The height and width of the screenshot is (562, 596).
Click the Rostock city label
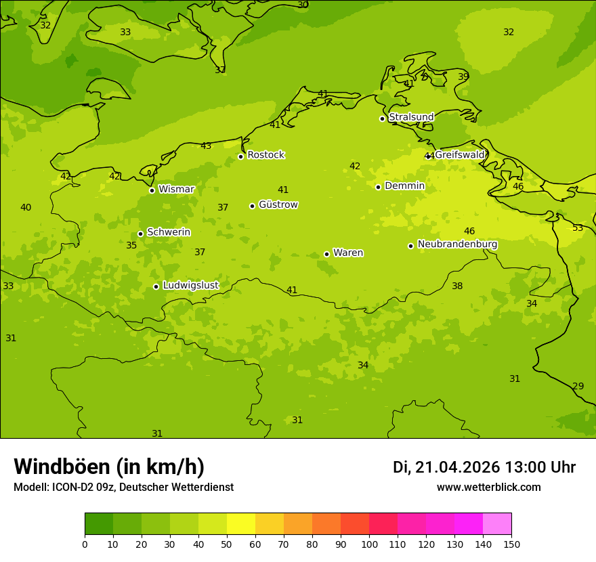click(x=265, y=155)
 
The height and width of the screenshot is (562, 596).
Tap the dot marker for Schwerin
click(x=140, y=234)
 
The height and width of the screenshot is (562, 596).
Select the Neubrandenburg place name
click(x=457, y=244)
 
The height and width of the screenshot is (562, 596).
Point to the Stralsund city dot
click(x=382, y=118)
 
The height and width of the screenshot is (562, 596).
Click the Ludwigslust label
click(x=190, y=286)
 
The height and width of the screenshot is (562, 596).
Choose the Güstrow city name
click(x=278, y=204)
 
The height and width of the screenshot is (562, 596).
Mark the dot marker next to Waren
click(x=326, y=254)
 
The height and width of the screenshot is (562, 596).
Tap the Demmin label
click(x=404, y=186)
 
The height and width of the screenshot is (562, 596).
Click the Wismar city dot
click(x=152, y=190)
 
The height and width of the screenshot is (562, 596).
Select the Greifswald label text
click(x=459, y=155)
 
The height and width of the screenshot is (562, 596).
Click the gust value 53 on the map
click(x=578, y=228)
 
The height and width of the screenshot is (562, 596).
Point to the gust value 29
click(x=578, y=387)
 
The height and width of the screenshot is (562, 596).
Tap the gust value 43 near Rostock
click(x=206, y=146)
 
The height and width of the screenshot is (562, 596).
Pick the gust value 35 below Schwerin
click(x=131, y=246)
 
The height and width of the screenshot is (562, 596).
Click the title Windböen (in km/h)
click(x=109, y=467)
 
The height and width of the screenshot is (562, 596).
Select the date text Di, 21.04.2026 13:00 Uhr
click(x=484, y=467)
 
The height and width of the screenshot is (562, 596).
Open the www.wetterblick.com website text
click(x=488, y=488)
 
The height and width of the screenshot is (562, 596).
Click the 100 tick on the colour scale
click(x=369, y=544)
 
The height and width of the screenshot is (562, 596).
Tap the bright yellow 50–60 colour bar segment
click(x=241, y=523)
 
